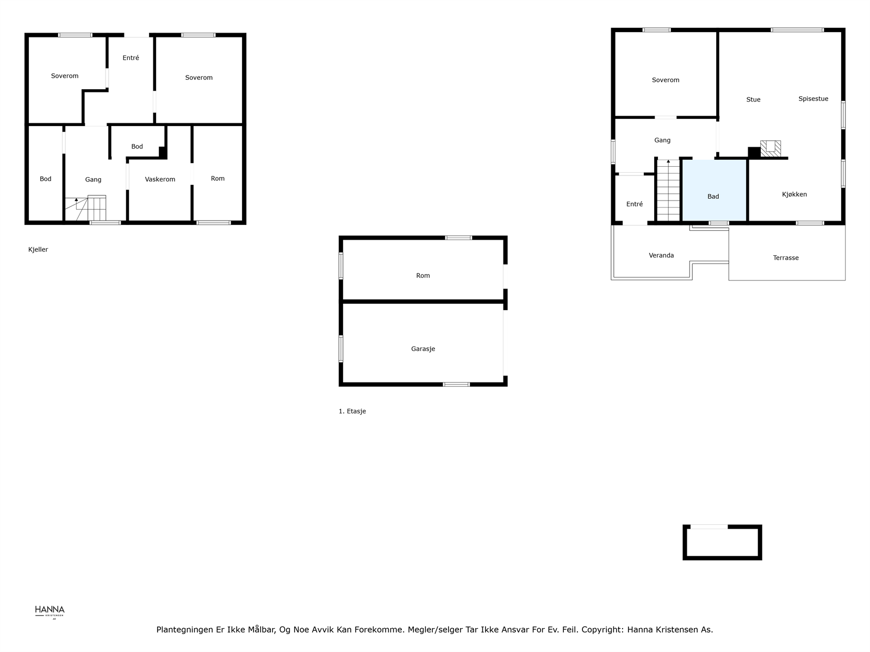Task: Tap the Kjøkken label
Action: (x=794, y=195)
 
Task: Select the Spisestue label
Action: (x=813, y=99)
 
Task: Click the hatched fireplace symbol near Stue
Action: (x=770, y=148)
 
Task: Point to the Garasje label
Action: (x=423, y=349)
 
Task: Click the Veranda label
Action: (x=661, y=255)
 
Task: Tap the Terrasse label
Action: (x=786, y=258)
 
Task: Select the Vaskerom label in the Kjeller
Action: (x=160, y=179)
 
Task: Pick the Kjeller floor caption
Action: (x=38, y=250)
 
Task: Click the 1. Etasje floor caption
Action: (x=352, y=411)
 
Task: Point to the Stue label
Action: (x=753, y=100)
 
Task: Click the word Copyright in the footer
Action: (x=602, y=630)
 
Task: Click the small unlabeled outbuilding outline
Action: (x=722, y=542)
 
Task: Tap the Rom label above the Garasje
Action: (x=423, y=276)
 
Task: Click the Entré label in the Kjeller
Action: (x=130, y=58)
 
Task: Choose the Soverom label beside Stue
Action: (x=666, y=80)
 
